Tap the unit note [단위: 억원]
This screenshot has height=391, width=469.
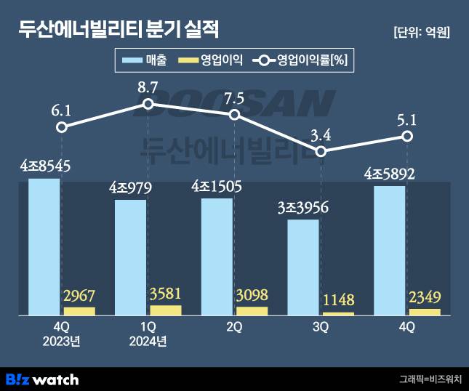click(420, 32)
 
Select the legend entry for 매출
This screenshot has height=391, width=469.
click(145, 61)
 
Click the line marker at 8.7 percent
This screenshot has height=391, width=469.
click(148, 104)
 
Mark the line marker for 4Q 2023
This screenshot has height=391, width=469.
click(62, 127)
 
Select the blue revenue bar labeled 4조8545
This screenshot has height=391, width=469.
click(44, 246)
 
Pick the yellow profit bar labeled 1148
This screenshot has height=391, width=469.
click(337, 313)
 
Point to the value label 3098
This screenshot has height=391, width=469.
click(251, 296)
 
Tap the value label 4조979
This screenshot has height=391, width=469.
click(131, 188)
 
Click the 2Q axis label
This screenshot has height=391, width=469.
click(233, 328)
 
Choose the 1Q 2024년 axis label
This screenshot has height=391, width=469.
click(148, 334)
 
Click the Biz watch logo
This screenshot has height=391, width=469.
click(42, 379)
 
